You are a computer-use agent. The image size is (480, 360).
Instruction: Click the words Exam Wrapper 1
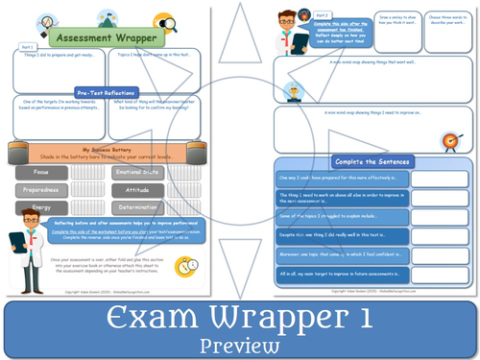coord(240,315)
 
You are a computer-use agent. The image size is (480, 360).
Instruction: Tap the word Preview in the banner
coord(240,343)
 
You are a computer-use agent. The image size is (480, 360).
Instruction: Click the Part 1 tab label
coord(26,45)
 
